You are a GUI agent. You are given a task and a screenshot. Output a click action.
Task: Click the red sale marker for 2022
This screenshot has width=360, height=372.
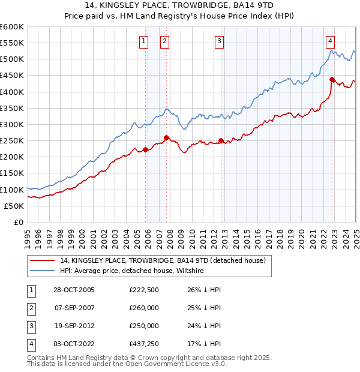coord(332,79)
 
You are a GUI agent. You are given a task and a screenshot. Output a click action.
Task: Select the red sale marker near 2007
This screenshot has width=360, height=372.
coord(166,137)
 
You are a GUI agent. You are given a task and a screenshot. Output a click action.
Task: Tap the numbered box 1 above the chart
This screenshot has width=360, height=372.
coord(144,41)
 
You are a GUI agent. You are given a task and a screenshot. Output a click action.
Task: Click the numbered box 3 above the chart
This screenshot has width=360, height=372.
coord(220,41)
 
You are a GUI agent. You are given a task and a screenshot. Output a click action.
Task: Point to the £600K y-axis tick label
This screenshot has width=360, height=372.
coord(12,27)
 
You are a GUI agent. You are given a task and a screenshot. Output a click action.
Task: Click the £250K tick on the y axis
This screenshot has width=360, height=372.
coord(12,140)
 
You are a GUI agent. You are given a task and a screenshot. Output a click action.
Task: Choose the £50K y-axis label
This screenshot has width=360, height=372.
coord(14,206)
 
